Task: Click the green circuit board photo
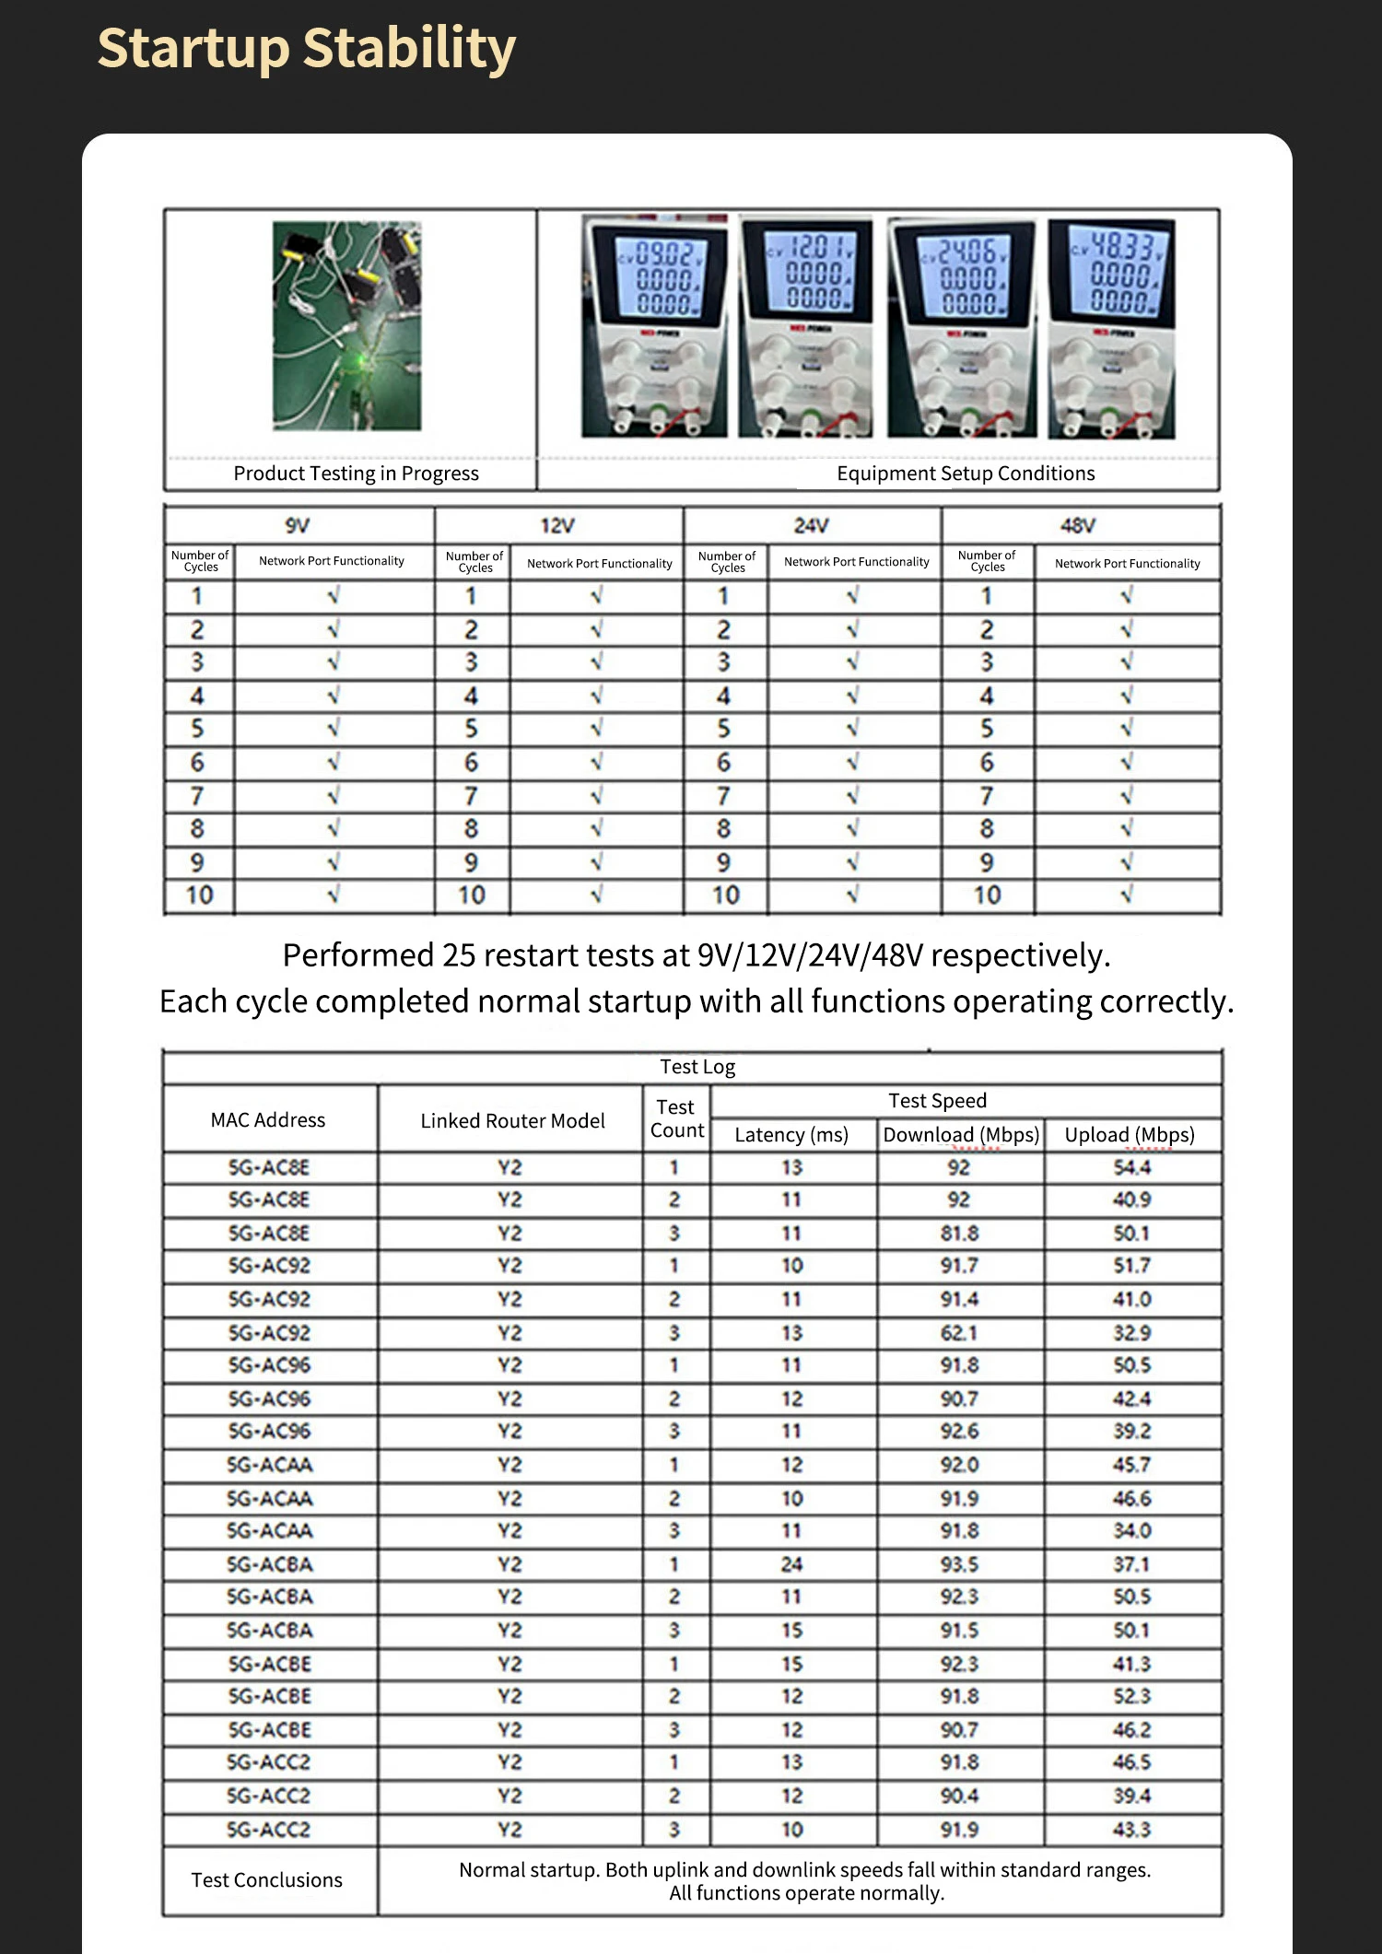point(347,325)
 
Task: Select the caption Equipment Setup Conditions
point(966,474)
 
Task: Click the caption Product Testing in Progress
point(356,474)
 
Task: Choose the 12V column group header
point(557,525)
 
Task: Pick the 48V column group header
point(1078,525)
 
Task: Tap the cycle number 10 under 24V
point(725,895)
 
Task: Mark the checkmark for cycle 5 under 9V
point(334,729)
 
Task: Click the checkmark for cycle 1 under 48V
point(1126,596)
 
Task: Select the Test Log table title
point(697,1067)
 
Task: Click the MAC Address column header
point(268,1120)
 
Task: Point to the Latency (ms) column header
point(791,1135)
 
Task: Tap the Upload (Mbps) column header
point(1130,1135)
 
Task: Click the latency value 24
point(791,1564)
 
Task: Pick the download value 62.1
point(959,1333)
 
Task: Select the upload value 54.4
point(1131,1167)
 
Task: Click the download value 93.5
point(959,1564)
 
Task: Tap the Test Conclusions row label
point(267,1880)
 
